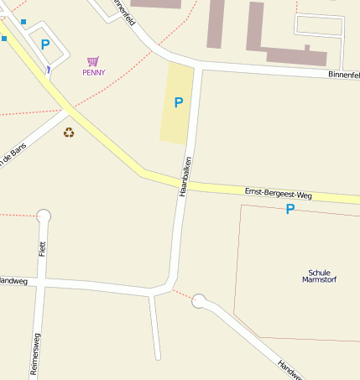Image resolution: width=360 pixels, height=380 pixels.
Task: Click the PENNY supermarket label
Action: (94, 73)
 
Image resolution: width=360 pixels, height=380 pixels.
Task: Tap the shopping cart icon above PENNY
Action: (93, 61)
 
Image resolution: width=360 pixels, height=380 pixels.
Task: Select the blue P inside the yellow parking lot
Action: (178, 103)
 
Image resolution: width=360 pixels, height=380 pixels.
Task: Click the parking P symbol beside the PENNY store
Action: (45, 45)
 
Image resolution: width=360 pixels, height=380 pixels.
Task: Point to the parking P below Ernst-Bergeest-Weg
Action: (290, 209)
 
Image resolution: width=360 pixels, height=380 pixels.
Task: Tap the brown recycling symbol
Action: (69, 132)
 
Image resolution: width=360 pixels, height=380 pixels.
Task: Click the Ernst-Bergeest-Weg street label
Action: (278, 194)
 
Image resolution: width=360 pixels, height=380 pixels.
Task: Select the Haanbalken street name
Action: (185, 176)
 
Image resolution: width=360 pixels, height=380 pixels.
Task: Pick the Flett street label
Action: (42, 248)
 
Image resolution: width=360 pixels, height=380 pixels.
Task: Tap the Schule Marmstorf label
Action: (318, 276)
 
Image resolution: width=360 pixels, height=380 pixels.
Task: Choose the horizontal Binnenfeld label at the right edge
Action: (343, 75)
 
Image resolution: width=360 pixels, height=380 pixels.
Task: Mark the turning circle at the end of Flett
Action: (44, 216)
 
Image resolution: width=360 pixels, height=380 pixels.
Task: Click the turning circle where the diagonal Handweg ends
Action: (199, 299)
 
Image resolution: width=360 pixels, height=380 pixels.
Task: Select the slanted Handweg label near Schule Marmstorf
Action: (290, 369)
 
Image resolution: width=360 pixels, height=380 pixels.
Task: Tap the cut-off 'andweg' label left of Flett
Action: (13, 281)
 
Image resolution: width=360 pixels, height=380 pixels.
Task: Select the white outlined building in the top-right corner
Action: (319, 26)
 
